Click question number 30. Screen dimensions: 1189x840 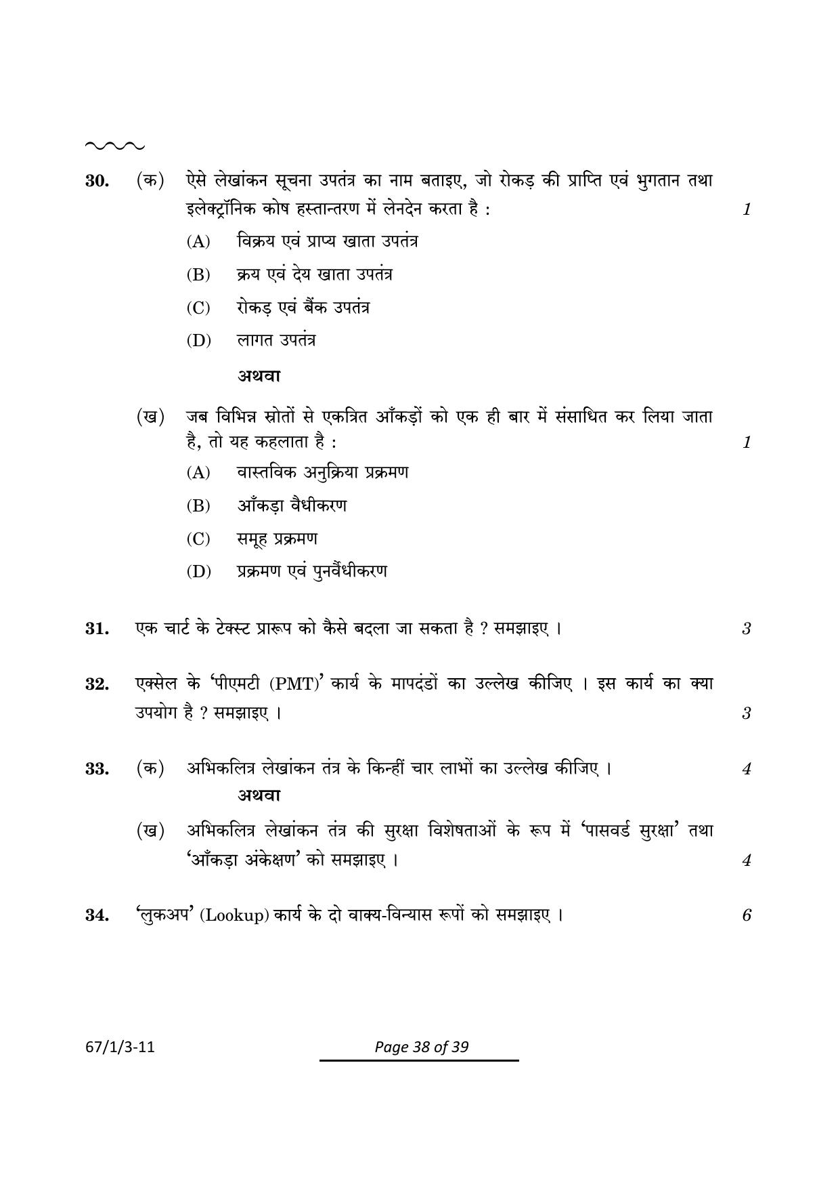pos(97,181)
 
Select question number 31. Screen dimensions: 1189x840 pos(97,629)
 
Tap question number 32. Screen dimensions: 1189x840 pos(97,684)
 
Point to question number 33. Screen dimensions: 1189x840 pos(97,769)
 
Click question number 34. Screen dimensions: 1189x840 pos(97,915)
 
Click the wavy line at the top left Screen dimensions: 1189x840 pos(114,146)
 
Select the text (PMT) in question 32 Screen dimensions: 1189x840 pos(294,684)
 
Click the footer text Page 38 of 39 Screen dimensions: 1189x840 pos(421,1047)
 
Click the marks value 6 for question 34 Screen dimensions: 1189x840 pos(746,915)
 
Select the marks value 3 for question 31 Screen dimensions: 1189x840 pos(746,629)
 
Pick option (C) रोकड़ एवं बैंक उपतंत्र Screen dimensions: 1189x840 pos(279,308)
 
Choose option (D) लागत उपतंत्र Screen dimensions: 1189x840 pos(252,340)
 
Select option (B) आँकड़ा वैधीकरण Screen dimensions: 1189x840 pos(267,505)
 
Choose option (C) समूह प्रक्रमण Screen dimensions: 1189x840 pos(252,539)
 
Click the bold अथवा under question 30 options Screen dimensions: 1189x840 pos(259,375)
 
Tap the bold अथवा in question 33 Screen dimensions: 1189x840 pos(259,795)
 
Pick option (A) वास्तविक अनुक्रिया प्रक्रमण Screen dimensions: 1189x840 pos(298,472)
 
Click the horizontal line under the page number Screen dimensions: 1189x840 pos(419,1060)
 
